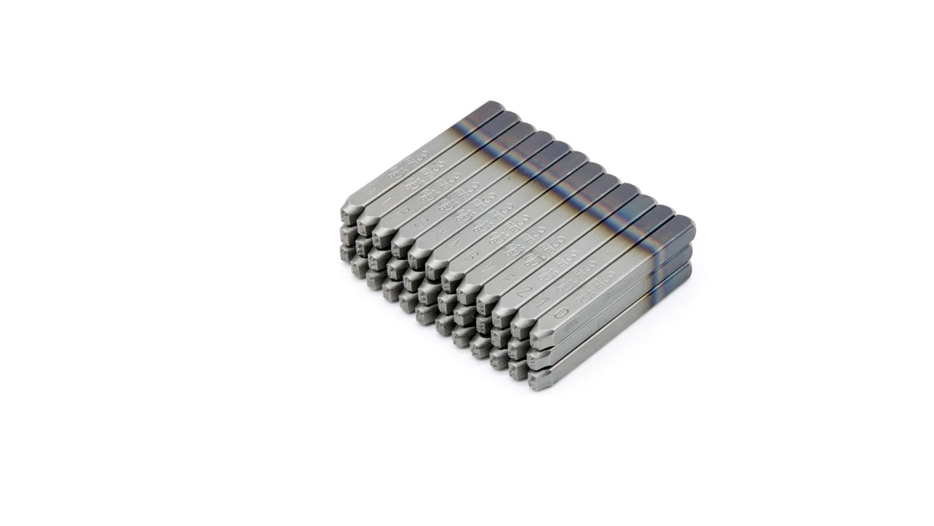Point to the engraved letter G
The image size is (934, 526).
coord(423,222)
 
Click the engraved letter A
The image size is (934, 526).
coord(441,233)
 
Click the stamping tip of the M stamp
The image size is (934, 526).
coord(346,214)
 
